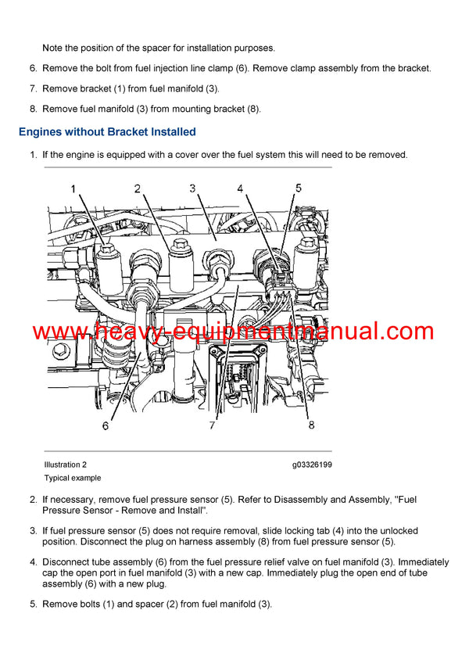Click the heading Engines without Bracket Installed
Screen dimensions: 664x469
pyautogui.click(x=107, y=131)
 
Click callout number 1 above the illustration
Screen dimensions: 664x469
pyautogui.click(x=73, y=188)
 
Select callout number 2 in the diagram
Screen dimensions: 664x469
pyautogui.click(x=137, y=188)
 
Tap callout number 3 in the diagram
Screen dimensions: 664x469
pyautogui.click(x=192, y=188)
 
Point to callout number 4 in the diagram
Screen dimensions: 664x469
pyautogui.click(x=240, y=188)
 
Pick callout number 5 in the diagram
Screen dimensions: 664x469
pyautogui.click(x=298, y=188)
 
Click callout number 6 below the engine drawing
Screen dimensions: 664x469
pyautogui.click(x=105, y=426)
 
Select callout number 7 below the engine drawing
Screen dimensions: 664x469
pyautogui.click(x=211, y=425)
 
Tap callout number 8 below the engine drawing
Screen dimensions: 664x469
pyautogui.click(x=311, y=425)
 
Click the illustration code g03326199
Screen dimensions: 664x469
pyautogui.click(x=312, y=465)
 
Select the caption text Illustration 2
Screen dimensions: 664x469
pyautogui.click(x=66, y=465)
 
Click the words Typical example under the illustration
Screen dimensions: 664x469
pyautogui.click(x=72, y=478)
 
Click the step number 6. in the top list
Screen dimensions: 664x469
pyautogui.click(x=34, y=69)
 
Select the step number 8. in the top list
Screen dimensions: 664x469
pyautogui.click(x=34, y=109)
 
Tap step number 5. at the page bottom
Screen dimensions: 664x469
pyautogui.click(x=34, y=604)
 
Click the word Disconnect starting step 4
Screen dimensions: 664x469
pyautogui.click(x=70, y=562)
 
